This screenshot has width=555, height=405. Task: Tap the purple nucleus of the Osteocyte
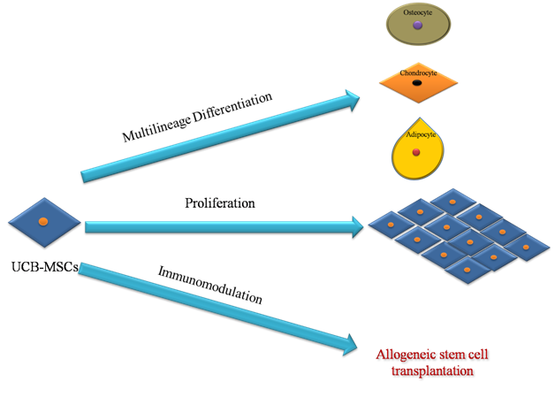pyautogui.click(x=417, y=26)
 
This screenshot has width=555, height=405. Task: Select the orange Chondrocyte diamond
pyautogui.click(x=420, y=85)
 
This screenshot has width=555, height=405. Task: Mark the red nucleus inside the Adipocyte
pyautogui.click(x=416, y=152)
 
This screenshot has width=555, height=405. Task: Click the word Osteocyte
pyautogui.click(x=417, y=12)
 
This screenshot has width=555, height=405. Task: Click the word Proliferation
pyautogui.click(x=220, y=203)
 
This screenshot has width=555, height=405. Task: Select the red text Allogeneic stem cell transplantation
pyautogui.click(x=432, y=363)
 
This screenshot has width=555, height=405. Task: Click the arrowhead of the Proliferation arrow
pyautogui.click(x=357, y=227)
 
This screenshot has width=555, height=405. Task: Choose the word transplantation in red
pyautogui.click(x=432, y=371)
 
